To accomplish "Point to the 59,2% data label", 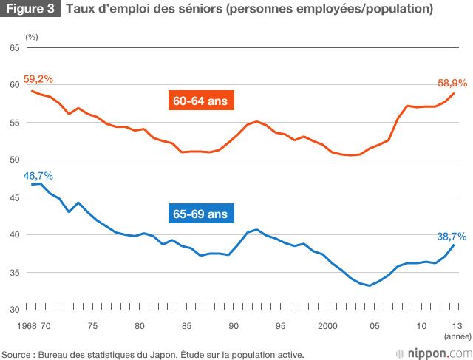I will [x=38, y=78].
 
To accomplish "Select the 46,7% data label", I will [x=38, y=175].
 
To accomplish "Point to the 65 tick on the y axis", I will [x=13, y=48].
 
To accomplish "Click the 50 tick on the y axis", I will [x=13, y=160].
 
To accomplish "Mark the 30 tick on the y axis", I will [x=13, y=310].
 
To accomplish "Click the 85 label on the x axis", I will [x=187, y=325].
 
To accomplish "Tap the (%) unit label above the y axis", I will [x=31, y=35].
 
